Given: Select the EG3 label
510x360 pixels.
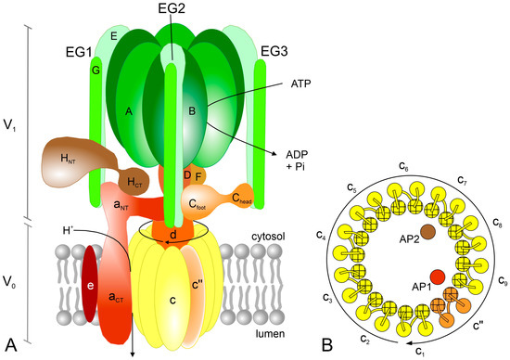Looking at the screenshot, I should pyautogui.click(x=275, y=47).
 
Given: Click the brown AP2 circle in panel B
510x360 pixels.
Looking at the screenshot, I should pyautogui.click(x=427, y=231).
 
